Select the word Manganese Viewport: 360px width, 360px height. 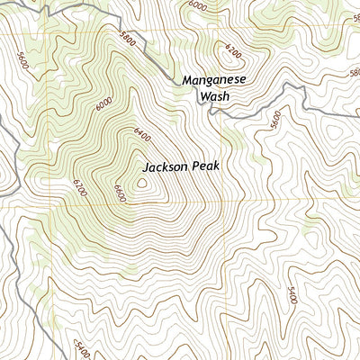(x=214, y=79)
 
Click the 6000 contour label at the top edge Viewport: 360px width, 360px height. (x=196, y=5)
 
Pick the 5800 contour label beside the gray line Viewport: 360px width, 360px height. (x=129, y=39)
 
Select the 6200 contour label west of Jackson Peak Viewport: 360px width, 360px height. (x=80, y=187)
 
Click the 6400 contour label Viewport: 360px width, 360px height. (x=139, y=135)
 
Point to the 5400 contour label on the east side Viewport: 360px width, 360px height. (x=291, y=294)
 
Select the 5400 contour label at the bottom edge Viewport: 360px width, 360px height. (x=80, y=346)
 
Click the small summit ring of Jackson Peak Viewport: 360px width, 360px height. (x=142, y=184)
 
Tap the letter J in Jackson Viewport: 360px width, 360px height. (x=146, y=167)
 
